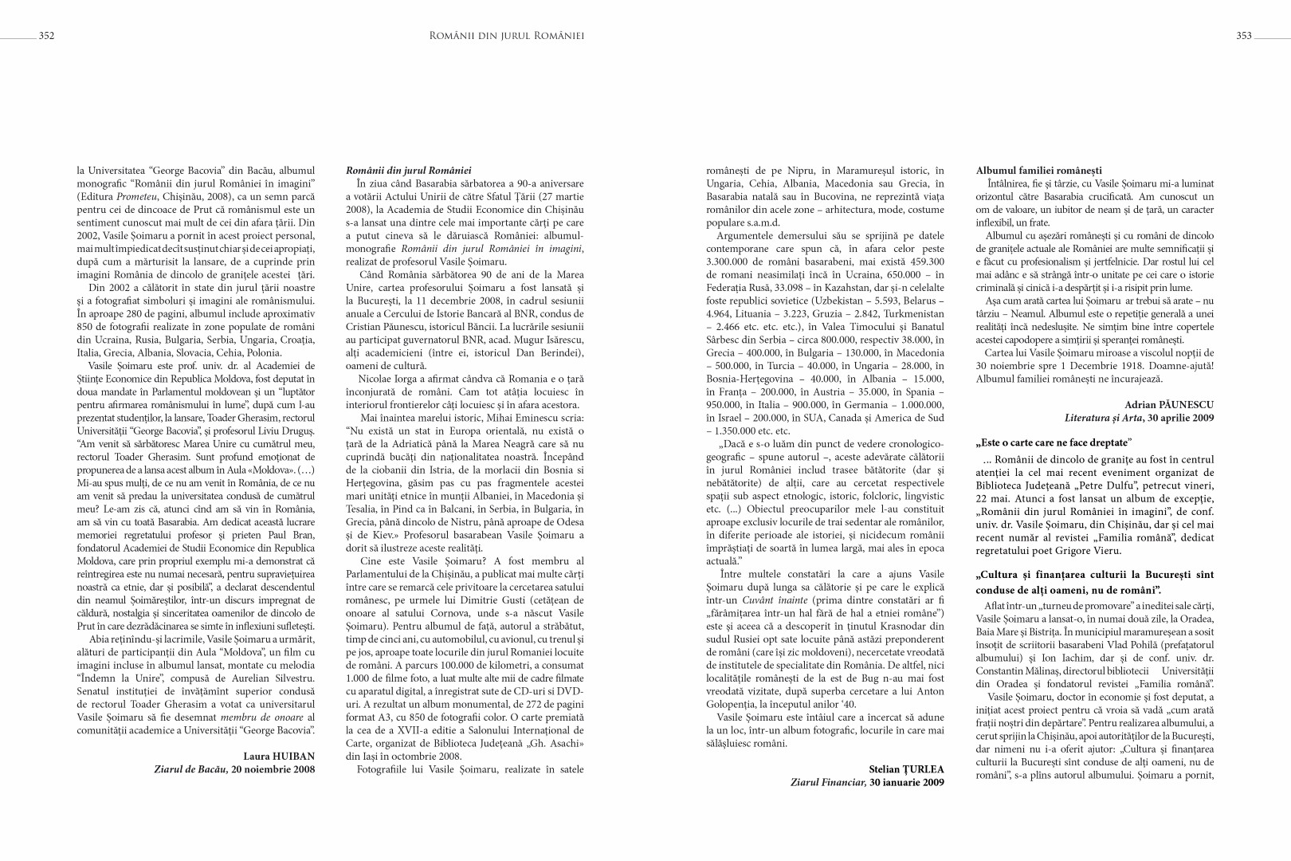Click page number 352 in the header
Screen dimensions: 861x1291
pyautogui.click(x=46, y=35)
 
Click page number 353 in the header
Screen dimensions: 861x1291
pyautogui.click(x=1244, y=35)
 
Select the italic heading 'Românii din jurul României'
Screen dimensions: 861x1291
pyautogui.click(x=409, y=171)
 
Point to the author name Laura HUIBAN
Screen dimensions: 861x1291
pyautogui.click(x=278, y=755)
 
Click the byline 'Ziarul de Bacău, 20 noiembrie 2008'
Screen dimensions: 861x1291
pyautogui.click(x=234, y=769)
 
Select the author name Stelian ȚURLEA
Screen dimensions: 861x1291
pyautogui.click(x=906, y=769)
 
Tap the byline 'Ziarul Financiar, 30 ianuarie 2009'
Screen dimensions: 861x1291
pyautogui.click(x=867, y=783)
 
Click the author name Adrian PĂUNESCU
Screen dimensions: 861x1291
pyautogui.click(x=1169, y=405)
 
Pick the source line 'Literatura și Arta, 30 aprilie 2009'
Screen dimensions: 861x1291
pyautogui.click(x=1140, y=418)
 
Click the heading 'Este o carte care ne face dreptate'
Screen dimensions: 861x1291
pyautogui.click(x=1054, y=442)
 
